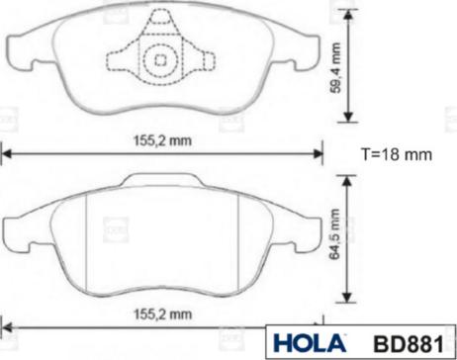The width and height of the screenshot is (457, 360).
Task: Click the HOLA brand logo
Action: [x=310, y=343]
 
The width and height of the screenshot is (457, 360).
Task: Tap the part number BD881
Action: [x=409, y=344]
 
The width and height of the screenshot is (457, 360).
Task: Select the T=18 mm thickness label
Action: [x=397, y=154]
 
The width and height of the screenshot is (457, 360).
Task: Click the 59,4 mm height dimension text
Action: [x=335, y=67]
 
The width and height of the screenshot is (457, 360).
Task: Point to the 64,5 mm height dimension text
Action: [x=335, y=233]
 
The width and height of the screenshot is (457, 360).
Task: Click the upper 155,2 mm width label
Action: [x=162, y=140]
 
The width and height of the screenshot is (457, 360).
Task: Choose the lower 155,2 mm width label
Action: [x=162, y=315]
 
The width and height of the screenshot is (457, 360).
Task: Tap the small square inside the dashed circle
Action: [x=160, y=59]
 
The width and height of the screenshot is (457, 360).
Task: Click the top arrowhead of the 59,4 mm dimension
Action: [x=348, y=14]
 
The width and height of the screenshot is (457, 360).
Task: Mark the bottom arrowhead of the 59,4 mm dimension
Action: [x=348, y=117]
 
